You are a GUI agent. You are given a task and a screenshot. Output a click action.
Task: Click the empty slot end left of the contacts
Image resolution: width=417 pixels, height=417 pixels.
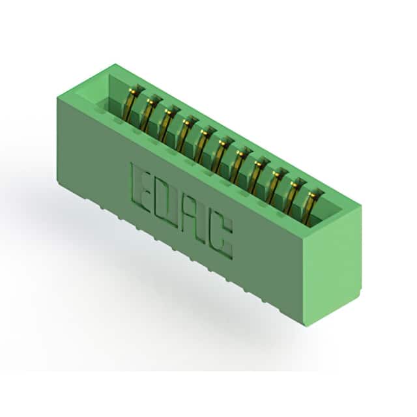point(108,95)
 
